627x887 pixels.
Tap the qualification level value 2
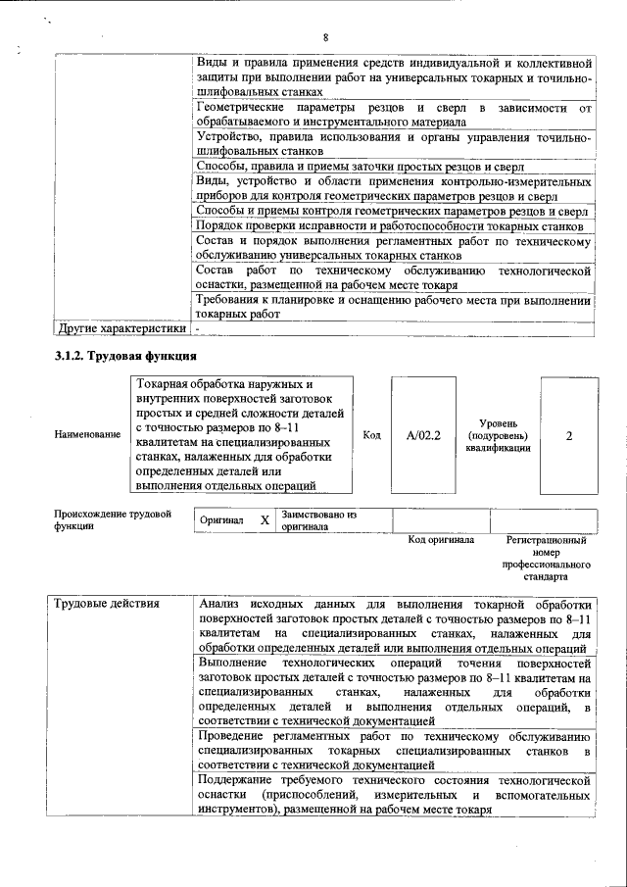pyautogui.click(x=568, y=435)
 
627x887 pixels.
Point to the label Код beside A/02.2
pyautogui.click(x=371, y=435)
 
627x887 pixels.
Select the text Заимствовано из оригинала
pyautogui.click(x=318, y=519)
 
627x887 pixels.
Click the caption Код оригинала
pyautogui.click(x=441, y=540)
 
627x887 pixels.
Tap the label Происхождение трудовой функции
pyautogui.click(x=99, y=519)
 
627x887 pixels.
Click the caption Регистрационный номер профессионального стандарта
pyautogui.click(x=546, y=559)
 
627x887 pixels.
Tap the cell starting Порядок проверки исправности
pyautogui.click(x=392, y=226)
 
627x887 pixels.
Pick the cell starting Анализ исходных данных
pyautogui.click(x=392, y=624)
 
